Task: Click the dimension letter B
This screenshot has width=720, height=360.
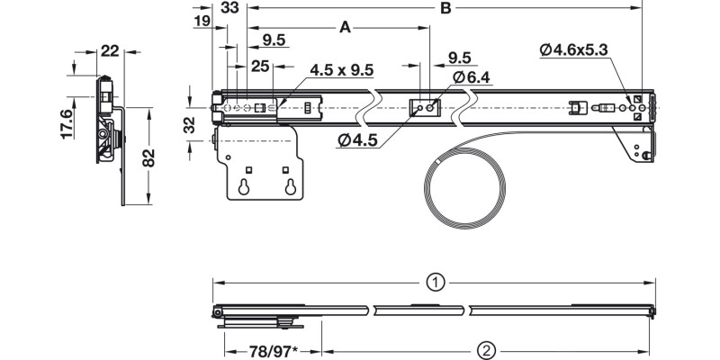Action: pyautogui.click(x=445, y=9)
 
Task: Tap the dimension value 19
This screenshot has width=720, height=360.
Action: pyautogui.click(x=202, y=19)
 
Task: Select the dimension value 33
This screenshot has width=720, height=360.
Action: pyautogui.click(x=229, y=7)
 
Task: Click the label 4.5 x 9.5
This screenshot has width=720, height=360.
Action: pyautogui.click(x=342, y=70)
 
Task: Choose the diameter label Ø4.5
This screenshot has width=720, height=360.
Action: pyautogui.click(x=358, y=139)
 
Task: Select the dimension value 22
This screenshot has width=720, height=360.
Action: pyautogui.click(x=111, y=50)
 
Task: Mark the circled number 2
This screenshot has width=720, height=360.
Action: pyautogui.click(x=484, y=348)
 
